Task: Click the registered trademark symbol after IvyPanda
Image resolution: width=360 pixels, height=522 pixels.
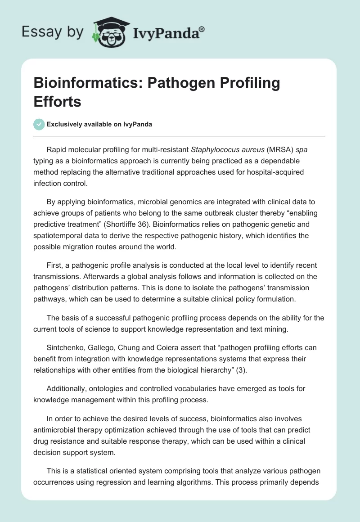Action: (202, 29)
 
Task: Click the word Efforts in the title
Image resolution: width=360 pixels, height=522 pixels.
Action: (57, 102)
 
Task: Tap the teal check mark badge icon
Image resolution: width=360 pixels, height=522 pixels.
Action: (39, 124)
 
